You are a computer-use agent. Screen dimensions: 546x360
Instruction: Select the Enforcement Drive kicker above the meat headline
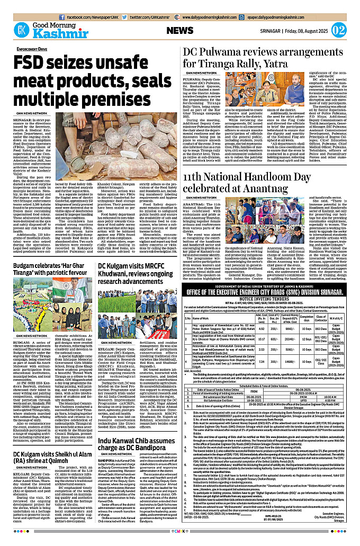pos(32,49)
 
